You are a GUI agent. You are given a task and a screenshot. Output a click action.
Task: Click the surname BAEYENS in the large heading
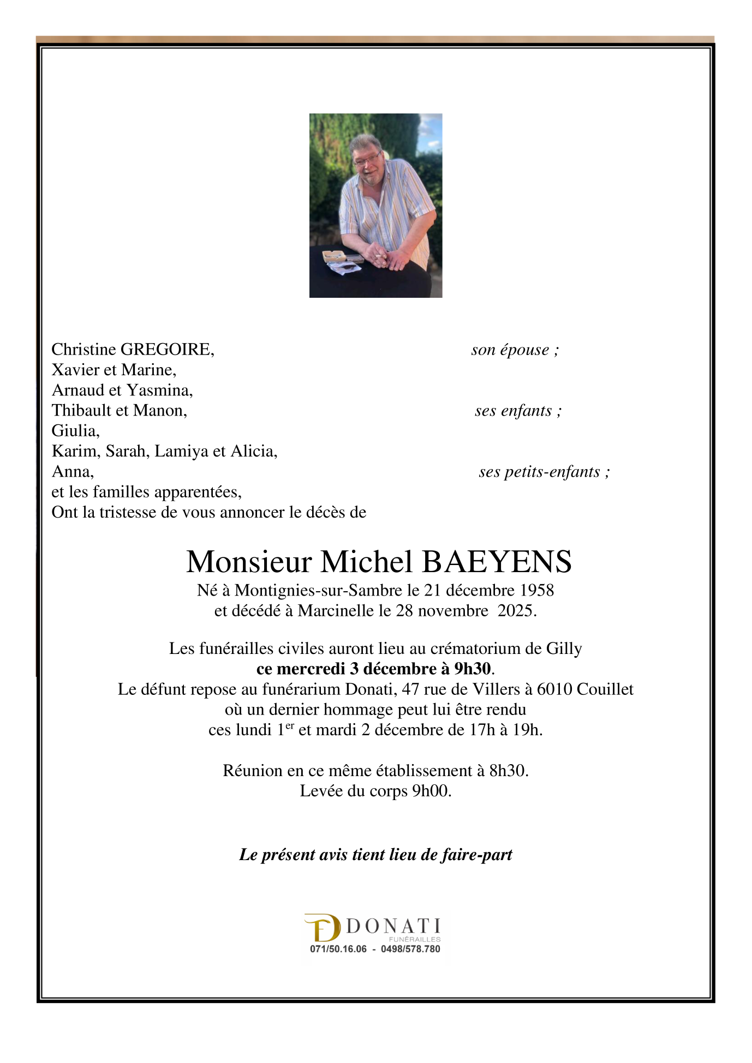tap(497, 562)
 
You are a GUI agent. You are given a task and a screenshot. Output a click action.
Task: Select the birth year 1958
tap(536, 590)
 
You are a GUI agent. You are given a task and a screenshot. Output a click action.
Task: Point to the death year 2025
tap(517, 610)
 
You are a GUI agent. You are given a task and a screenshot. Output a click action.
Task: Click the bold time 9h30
tap(473, 669)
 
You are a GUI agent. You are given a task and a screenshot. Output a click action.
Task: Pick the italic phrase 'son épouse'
tap(510, 350)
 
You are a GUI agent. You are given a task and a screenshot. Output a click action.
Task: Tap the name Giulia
tap(75, 431)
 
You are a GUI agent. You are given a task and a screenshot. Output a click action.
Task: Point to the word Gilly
tap(564, 648)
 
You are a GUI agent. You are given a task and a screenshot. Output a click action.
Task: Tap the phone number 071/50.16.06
tap(338, 949)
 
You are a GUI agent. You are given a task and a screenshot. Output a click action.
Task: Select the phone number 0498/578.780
tap(410, 949)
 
